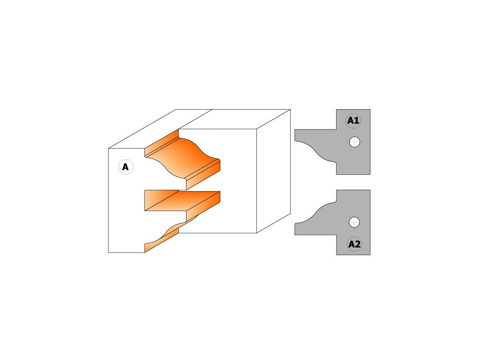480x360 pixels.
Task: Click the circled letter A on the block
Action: tap(126, 167)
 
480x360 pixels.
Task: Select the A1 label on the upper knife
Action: tap(353, 121)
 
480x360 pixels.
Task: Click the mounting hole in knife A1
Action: tap(355, 142)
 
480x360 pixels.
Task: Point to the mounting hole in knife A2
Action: tap(354, 222)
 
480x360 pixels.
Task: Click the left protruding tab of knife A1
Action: tap(305, 135)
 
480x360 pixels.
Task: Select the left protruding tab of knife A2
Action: tap(305, 229)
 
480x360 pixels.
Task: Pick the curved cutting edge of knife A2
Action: tap(319, 213)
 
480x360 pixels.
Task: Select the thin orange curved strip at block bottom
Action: tap(162, 239)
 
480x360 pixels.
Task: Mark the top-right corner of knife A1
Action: tap(369, 111)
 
